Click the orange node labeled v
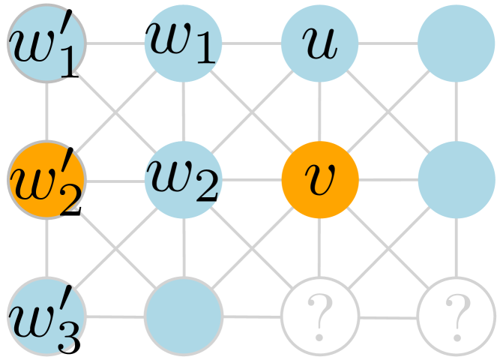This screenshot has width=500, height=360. tap(320, 180)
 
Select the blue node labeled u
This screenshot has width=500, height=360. tap(320, 43)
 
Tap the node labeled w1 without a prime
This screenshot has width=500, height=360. tap(184, 43)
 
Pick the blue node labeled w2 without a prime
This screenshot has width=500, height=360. tap(184, 180)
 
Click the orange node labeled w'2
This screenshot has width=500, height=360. tap(47, 180)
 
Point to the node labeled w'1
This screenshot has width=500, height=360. tap(47, 43)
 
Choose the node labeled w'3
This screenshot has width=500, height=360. tap(47, 316)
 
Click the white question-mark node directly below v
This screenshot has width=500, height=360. tap(320, 316)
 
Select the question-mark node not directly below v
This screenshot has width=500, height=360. tap(457, 316)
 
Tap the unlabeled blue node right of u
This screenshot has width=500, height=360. tap(457, 43)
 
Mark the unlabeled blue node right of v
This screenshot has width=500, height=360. tap(457, 180)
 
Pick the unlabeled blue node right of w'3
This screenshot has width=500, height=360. tap(184, 316)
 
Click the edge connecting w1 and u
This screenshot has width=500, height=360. tap(252, 43)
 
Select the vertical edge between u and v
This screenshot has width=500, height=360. tap(320, 112)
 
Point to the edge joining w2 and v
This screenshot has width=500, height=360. tap(252, 180)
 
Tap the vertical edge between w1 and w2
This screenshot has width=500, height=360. tap(184, 112)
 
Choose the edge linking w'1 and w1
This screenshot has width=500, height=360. tap(115, 43)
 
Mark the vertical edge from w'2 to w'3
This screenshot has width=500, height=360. tap(47, 248)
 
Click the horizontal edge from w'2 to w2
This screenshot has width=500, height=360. tap(115, 180)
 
